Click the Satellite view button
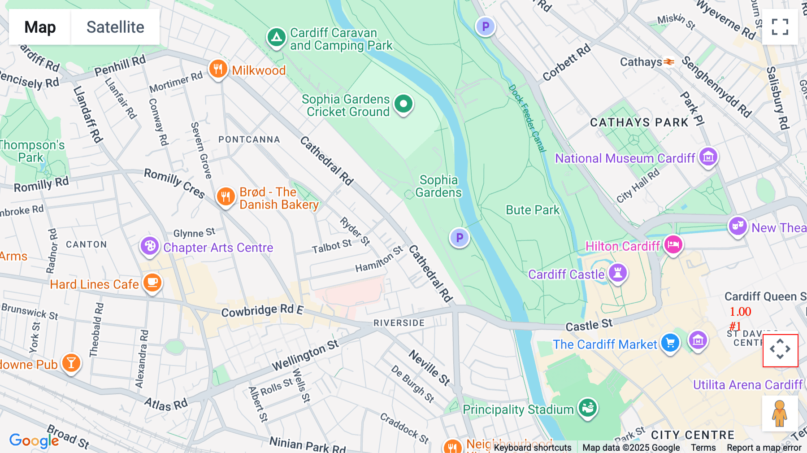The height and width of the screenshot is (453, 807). click(x=115, y=27)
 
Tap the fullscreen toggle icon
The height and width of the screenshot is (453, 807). click(x=780, y=27)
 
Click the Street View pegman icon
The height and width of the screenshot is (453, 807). click(x=780, y=413)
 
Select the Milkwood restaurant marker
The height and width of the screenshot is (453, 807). click(x=218, y=70)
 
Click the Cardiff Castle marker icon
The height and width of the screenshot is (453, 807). click(x=618, y=273)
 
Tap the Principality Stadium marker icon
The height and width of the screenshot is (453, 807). click(x=588, y=408)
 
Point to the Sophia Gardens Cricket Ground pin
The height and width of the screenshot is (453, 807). click(x=403, y=104)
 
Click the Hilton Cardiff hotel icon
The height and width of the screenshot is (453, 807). click(x=673, y=245)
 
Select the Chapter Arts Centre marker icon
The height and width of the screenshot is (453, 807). click(x=150, y=246)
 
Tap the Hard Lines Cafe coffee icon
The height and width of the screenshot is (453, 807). click(x=152, y=283)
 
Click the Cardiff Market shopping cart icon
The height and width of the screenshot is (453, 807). click(x=670, y=343)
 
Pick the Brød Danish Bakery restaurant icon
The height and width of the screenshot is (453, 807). click(x=226, y=197)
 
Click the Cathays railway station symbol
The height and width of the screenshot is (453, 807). click(x=669, y=62)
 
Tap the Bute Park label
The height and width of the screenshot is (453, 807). click(x=533, y=210)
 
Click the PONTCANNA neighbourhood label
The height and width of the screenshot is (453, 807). click(x=249, y=139)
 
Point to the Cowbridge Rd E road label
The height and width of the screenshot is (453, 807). click(x=262, y=310)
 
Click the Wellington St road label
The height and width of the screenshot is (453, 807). click(x=305, y=355)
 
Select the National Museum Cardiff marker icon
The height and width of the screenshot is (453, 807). click(x=708, y=157)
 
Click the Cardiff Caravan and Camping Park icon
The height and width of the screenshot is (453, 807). click(x=277, y=38)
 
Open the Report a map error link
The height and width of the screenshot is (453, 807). click(x=764, y=448)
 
